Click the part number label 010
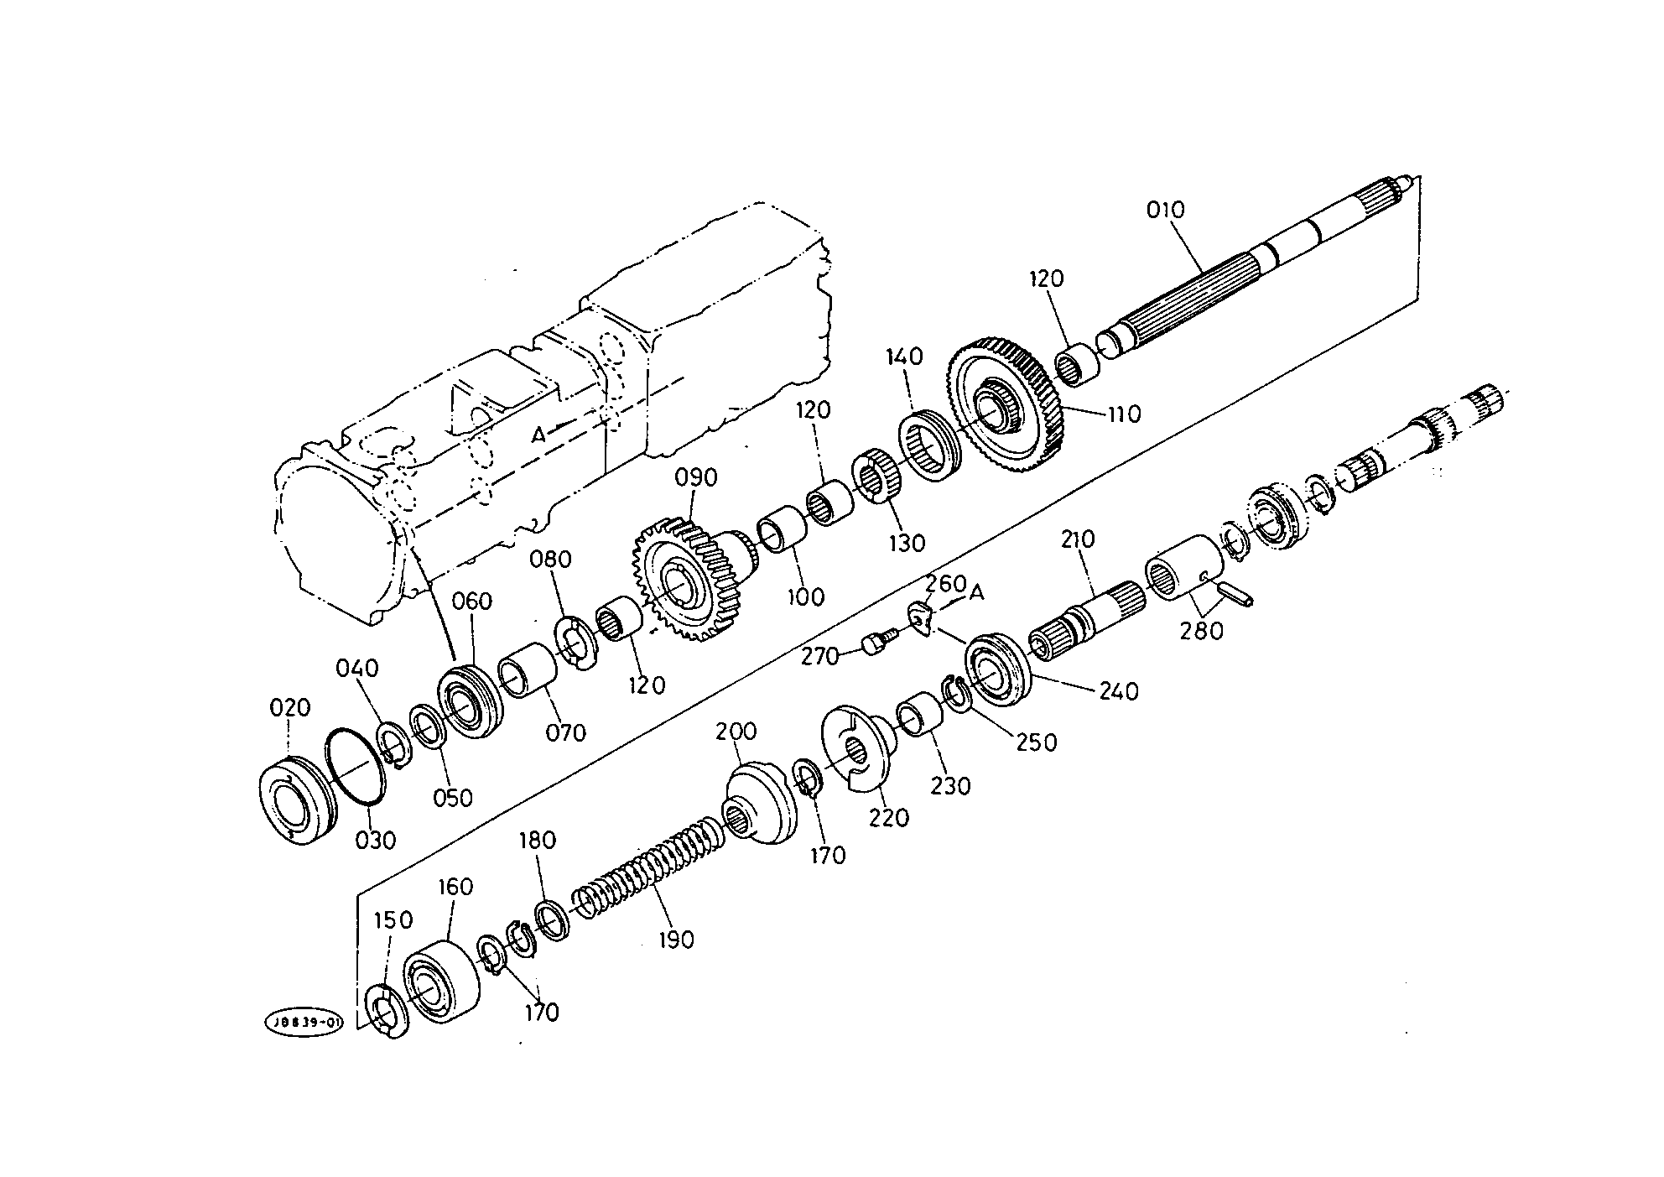pyautogui.click(x=1167, y=210)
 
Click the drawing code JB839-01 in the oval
pyautogui.click(x=304, y=1023)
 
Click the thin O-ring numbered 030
pyautogui.click(x=355, y=766)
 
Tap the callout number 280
pyautogui.click(x=1201, y=630)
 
